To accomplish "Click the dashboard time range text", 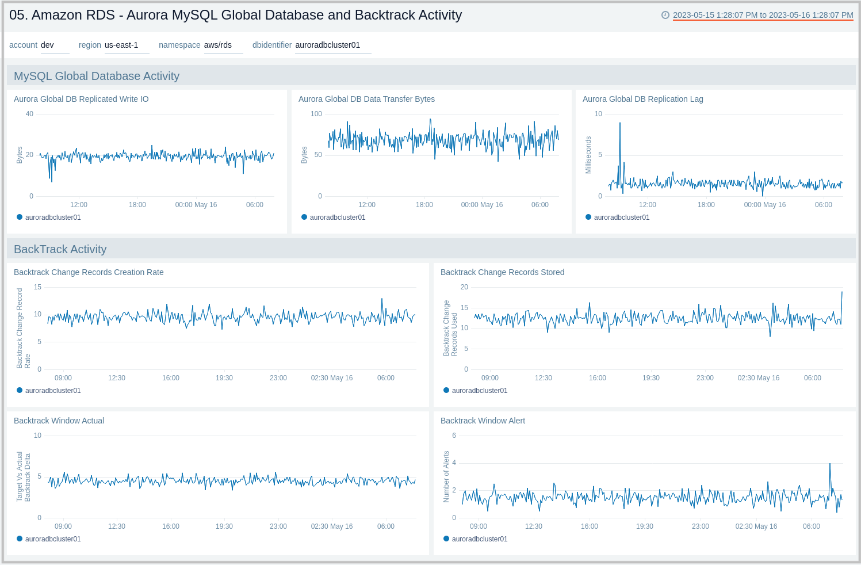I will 763,15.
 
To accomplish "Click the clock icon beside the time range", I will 665,15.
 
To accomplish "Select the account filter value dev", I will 47,45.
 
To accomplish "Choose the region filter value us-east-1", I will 121,45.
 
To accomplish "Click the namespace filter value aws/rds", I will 218,45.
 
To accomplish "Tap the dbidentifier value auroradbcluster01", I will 328,45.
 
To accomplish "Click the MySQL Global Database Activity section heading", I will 97,76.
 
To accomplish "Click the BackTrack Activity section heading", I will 60,249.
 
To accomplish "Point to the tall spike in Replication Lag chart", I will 619,124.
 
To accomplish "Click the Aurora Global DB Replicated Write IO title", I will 81,99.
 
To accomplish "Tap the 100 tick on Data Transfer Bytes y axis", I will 316,114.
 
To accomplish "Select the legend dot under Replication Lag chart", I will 588,217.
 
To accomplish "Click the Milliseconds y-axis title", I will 588,155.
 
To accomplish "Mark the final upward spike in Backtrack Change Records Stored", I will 842,293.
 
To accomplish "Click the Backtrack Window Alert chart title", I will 483,421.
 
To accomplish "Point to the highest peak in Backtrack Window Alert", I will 830,464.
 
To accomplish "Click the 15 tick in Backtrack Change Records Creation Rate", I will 37,287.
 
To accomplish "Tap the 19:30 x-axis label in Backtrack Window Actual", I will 224,526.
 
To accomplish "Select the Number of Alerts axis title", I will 446,476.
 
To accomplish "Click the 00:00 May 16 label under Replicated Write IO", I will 196,205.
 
